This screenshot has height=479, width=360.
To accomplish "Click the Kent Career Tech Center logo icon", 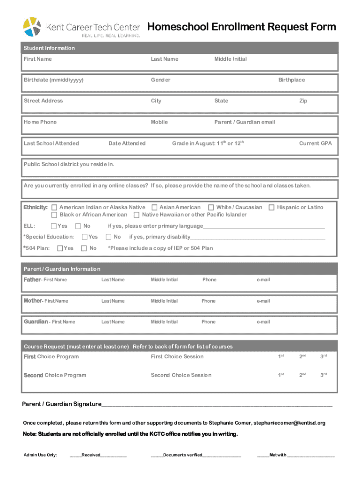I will point(33,27).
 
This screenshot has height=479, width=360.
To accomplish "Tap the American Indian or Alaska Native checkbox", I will point(55,207).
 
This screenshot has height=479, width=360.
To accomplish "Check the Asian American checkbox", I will point(155,207).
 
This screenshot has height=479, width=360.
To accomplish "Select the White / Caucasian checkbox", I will point(211,207).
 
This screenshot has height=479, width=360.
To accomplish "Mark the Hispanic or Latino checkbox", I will point(272,207).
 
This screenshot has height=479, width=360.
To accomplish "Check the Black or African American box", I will point(55,215).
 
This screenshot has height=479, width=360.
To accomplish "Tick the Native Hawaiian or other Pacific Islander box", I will point(137,215).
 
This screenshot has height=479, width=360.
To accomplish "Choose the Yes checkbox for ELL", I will point(54,226).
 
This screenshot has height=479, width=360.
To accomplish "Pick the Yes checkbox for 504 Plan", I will point(60,248).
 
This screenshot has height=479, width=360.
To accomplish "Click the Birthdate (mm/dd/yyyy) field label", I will point(54,80).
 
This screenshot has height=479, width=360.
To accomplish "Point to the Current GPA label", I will point(315,144).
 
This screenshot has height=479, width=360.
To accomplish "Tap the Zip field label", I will point(303,101).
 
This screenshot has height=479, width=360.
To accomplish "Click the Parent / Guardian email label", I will point(245,122).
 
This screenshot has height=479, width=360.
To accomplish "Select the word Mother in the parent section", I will point(33,301).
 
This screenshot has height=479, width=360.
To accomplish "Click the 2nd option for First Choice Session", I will point(302,356).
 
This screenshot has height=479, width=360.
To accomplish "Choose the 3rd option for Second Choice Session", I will point(323,375).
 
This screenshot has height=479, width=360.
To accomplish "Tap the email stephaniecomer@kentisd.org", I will point(289,423).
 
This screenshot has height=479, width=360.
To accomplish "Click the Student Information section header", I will point(49,48).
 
